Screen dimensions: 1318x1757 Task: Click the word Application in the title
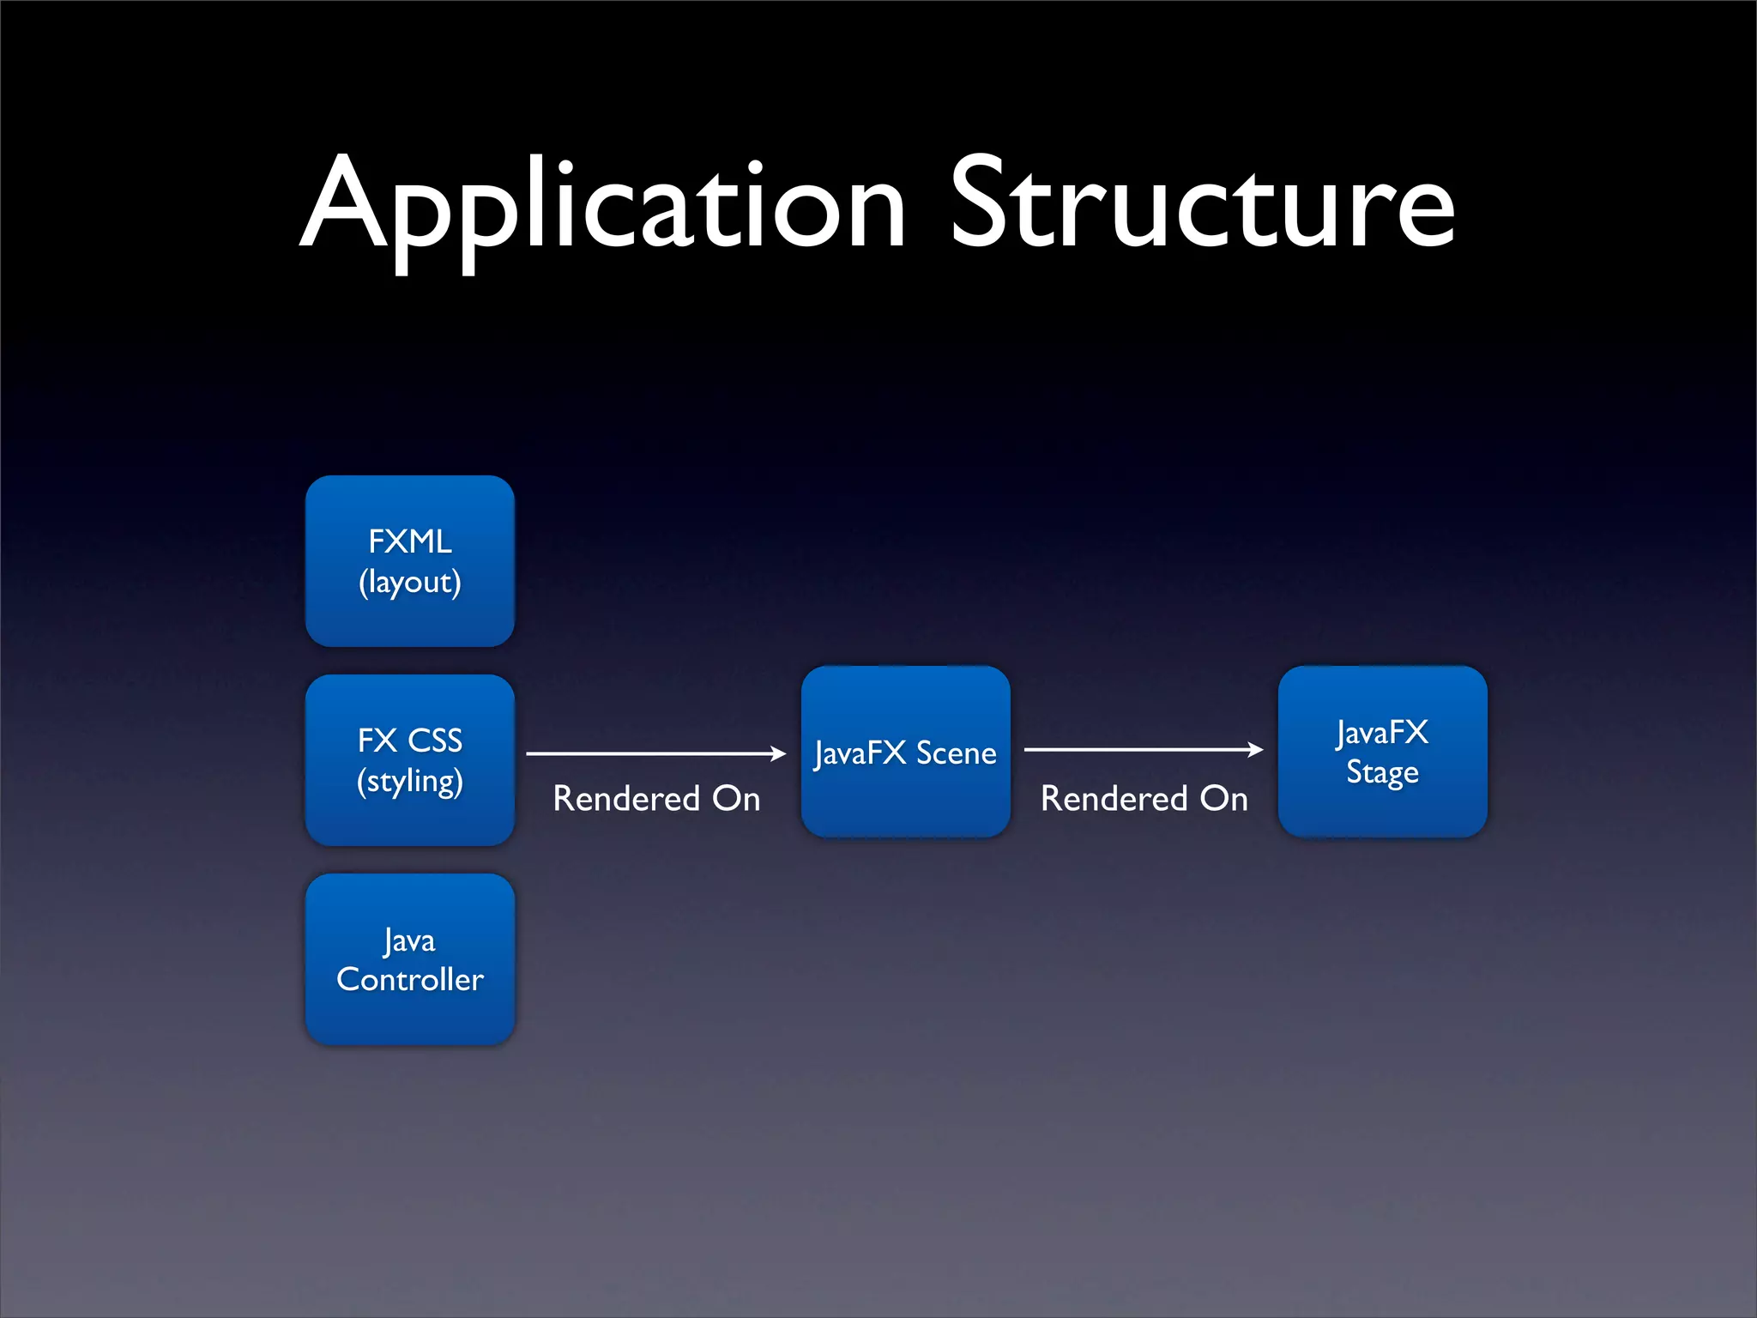point(603,206)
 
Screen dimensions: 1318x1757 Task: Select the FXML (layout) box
point(410,561)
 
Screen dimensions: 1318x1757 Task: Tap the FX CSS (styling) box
point(410,760)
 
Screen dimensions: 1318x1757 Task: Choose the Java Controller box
point(410,959)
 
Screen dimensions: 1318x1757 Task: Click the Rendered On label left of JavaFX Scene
point(656,799)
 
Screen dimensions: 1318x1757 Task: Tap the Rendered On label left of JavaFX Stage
point(1144,799)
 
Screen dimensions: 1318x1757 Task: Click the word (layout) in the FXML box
point(410,583)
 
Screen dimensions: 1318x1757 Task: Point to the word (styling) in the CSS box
point(410,782)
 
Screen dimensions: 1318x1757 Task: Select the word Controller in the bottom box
point(410,980)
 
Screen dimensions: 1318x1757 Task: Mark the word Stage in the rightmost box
point(1382,772)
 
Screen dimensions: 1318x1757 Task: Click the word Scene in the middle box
point(956,753)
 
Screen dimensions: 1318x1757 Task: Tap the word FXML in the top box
point(410,541)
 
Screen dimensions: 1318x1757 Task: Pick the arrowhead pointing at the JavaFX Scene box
point(778,753)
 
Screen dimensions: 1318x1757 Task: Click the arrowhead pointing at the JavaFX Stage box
point(1255,749)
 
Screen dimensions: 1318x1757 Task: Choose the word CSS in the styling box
point(435,741)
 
